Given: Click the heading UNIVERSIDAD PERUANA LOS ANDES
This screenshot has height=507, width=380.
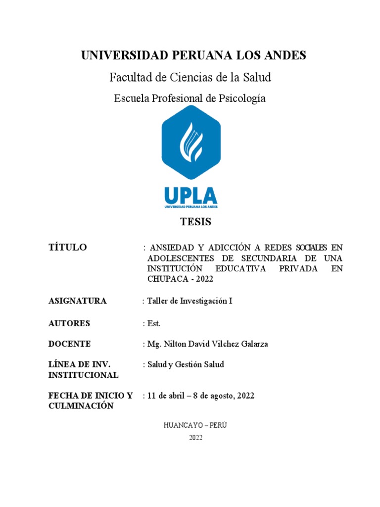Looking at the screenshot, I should tap(193, 55).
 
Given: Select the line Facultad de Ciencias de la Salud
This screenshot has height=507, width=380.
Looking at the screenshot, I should tap(190, 77).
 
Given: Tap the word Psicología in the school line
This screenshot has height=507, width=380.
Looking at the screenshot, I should tap(242, 98).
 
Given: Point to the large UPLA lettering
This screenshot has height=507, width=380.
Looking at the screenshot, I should tap(190, 195).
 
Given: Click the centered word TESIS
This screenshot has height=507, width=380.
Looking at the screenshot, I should tap(195, 222).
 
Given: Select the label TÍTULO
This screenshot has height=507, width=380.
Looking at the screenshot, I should tap(67, 248).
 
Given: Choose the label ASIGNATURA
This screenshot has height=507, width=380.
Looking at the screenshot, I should tap(77, 301).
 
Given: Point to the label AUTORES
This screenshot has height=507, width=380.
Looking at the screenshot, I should tap(69, 323).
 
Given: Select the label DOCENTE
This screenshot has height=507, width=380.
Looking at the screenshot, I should tap(69, 344).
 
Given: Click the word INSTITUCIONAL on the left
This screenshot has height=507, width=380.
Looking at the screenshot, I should tap(83, 375).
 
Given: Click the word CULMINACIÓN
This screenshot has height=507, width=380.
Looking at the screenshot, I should tap(81, 406).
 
